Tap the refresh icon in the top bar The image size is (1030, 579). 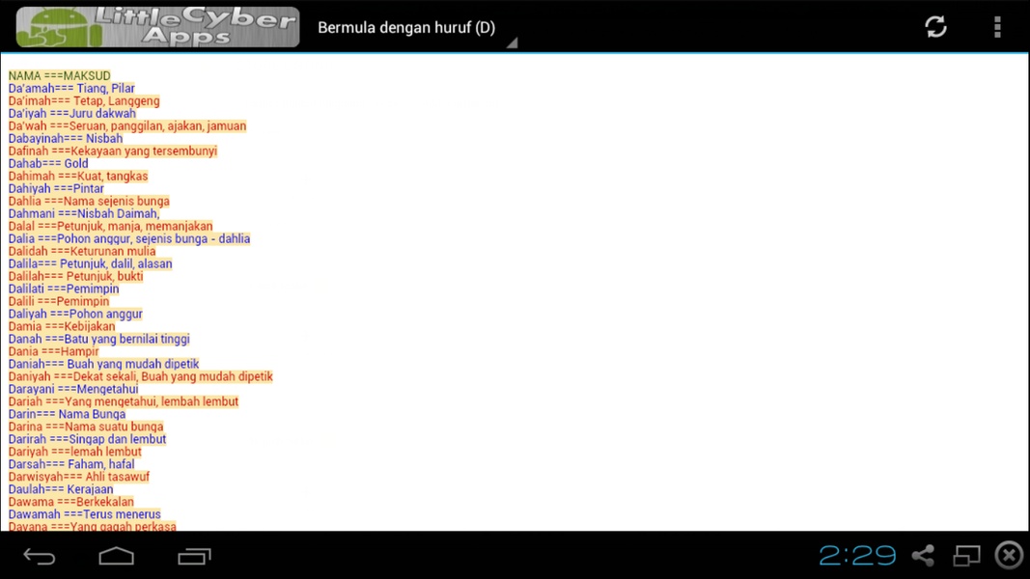pos(935,27)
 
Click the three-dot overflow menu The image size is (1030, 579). pos(997,27)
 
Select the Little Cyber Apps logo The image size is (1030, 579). pos(157,27)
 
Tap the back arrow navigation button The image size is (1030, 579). pos(40,556)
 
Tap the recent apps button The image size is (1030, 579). pos(194,556)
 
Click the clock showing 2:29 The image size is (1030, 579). pos(857,556)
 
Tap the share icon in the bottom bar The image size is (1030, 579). pos(923,556)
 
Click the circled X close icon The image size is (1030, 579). pos(1009,556)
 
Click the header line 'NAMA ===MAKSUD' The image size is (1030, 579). pos(59,75)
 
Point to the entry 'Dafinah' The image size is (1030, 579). pos(112,151)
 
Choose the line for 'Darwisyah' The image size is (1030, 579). pos(79,477)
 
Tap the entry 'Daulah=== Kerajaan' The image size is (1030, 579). pos(61,489)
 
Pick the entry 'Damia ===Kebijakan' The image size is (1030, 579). pos(62,326)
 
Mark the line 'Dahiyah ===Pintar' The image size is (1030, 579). pos(56,188)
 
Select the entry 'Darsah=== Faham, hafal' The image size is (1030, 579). pos(70,464)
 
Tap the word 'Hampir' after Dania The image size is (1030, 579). pos(79,352)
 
